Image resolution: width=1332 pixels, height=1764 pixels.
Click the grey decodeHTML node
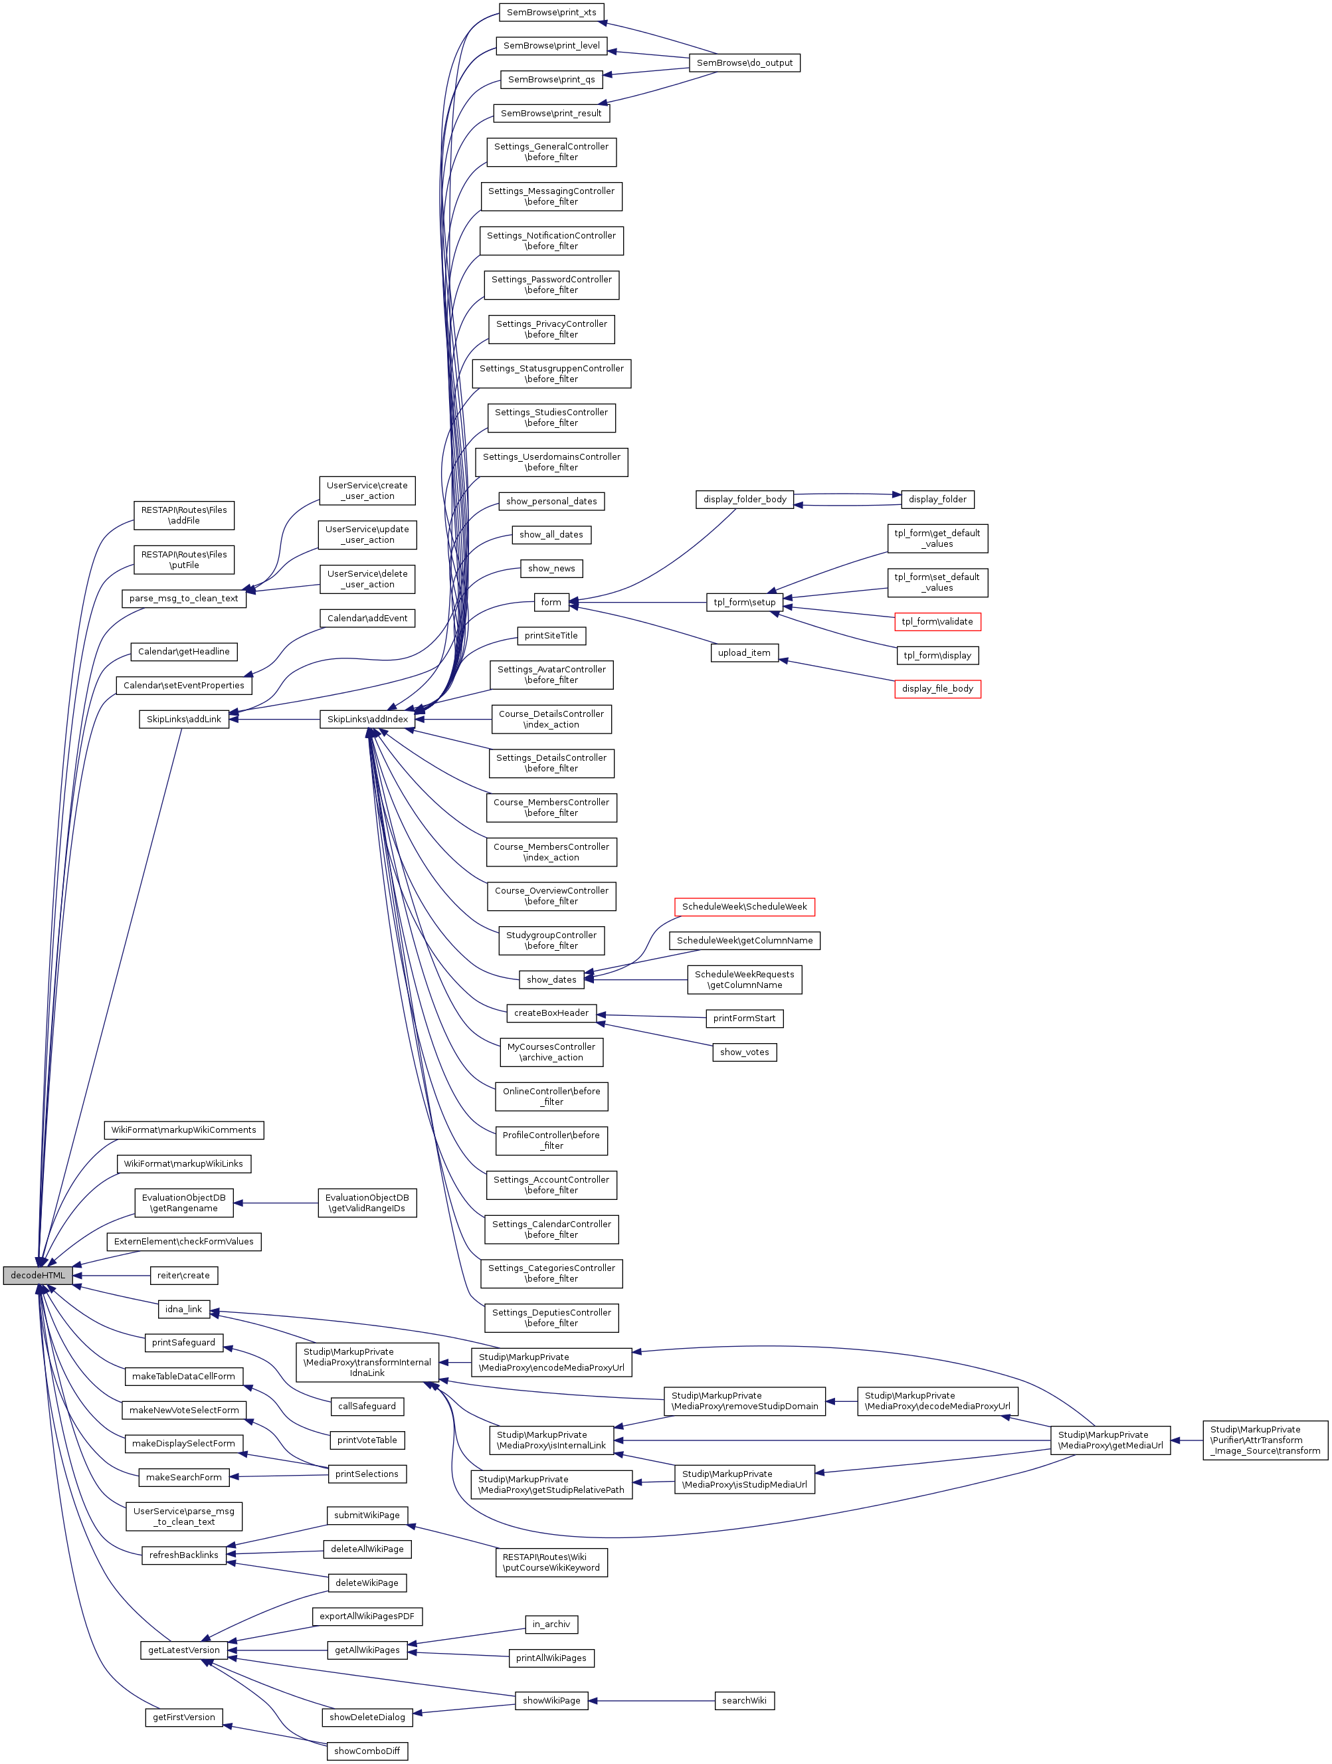click(37, 1275)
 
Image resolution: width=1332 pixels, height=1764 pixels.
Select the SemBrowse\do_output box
click(744, 63)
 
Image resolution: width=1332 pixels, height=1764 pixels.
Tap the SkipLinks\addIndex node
click(367, 720)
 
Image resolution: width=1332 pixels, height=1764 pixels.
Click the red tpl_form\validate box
click(937, 622)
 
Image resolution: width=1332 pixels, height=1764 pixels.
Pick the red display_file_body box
click(937, 689)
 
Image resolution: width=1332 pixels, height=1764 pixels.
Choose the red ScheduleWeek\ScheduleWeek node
click(744, 907)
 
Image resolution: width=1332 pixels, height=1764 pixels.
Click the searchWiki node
click(743, 1701)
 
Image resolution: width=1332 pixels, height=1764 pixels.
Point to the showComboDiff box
click(367, 1751)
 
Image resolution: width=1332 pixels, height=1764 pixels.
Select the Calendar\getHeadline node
click(183, 652)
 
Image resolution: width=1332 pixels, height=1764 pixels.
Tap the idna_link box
click(183, 1310)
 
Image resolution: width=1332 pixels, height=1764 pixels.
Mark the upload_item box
click(743, 653)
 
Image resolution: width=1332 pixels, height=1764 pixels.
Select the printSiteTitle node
click(551, 636)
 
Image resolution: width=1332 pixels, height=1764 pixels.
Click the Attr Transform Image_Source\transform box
click(1265, 1440)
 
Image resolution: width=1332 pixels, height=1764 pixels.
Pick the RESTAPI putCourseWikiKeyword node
click(551, 1562)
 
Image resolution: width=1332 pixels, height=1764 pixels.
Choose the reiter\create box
click(183, 1276)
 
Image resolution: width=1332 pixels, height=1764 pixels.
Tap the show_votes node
click(744, 1052)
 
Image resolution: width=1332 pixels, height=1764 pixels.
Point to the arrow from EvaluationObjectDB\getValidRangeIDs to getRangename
click(276, 1203)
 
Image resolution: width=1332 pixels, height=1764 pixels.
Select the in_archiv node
click(551, 1624)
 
